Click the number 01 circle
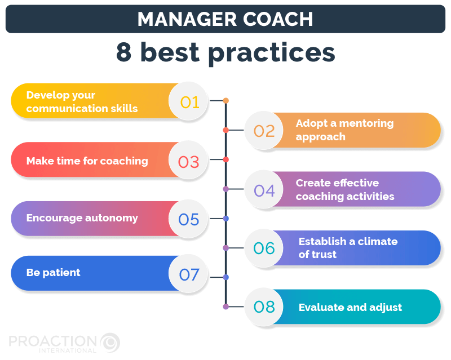point(190,102)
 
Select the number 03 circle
point(189,162)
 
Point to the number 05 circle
point(189,219)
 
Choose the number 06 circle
point(264,248)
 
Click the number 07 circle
point(189,274)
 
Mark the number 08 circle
point(264,307)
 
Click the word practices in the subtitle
point(271,52)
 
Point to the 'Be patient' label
point(53,273)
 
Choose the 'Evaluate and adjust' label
point(350,308)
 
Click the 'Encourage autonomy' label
point(82,217)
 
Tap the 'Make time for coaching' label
point(87,161)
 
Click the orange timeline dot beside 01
point(225,101)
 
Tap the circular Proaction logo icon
point(110,342)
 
